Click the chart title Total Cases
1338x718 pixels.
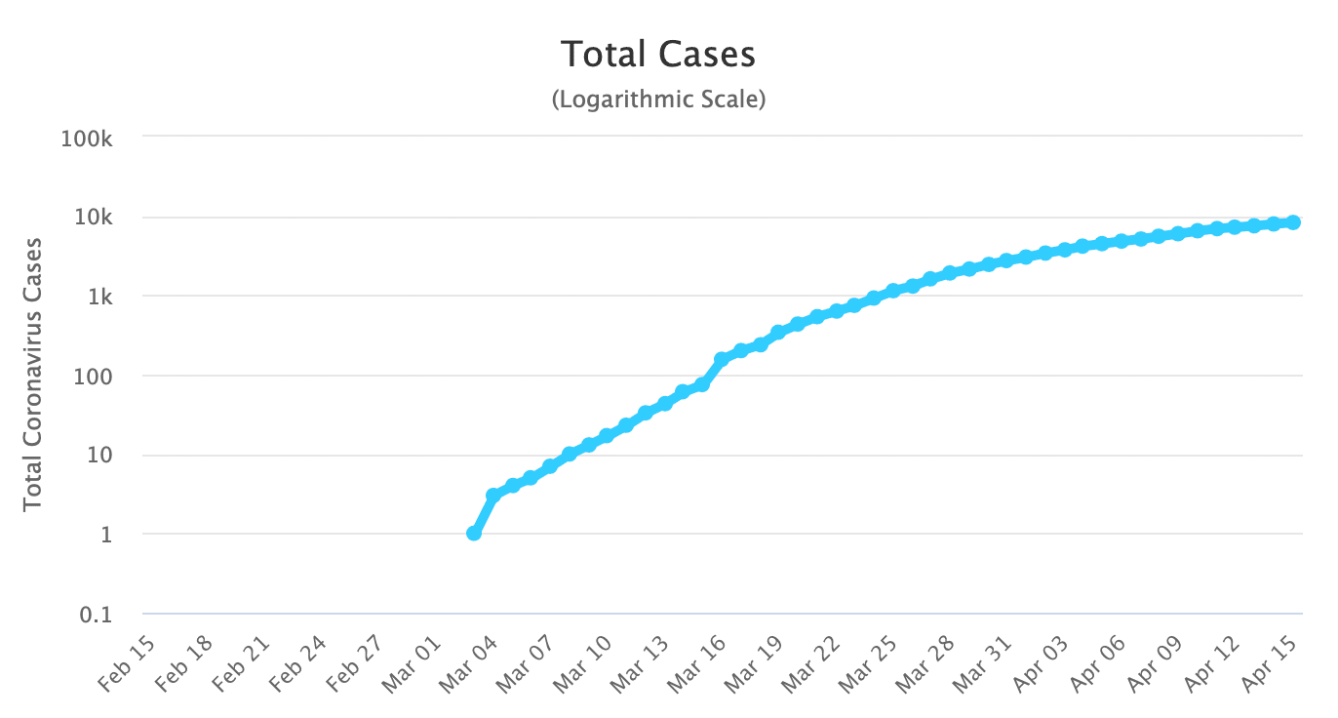(x=658, y=55)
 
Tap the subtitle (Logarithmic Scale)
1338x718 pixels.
(x=658, y=100)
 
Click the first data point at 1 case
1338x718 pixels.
(x=474, y=533)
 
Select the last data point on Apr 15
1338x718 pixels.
(x=1293, y=222)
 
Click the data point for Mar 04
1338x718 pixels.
(x=493, y=496)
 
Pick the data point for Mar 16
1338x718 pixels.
(x=722, y=360)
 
